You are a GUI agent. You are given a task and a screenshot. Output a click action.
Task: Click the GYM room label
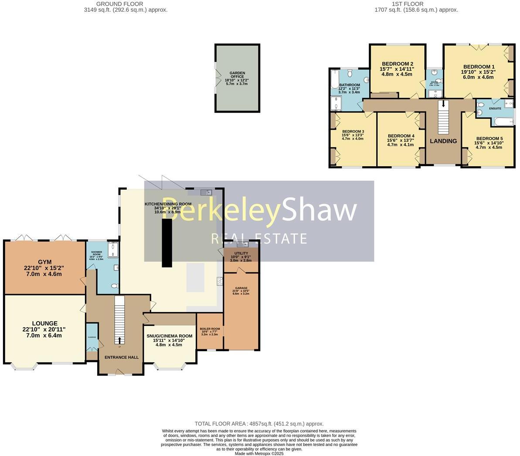43,262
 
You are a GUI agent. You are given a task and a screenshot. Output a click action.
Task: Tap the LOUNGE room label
44,323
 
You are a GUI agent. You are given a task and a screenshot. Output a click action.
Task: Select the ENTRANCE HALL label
121,357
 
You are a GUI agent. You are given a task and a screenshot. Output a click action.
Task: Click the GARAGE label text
241,288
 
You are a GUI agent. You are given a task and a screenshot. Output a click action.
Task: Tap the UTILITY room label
241,253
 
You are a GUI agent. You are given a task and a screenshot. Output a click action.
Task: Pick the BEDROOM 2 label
397,64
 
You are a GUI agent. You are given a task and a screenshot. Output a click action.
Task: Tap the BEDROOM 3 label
353,131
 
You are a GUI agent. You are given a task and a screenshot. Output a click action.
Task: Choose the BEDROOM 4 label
401,136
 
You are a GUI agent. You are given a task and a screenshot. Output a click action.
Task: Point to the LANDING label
443,141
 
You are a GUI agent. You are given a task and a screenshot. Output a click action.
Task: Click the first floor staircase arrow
444,104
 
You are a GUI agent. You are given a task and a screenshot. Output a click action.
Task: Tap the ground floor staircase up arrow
120,339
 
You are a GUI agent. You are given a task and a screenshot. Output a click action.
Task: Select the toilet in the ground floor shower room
115,286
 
